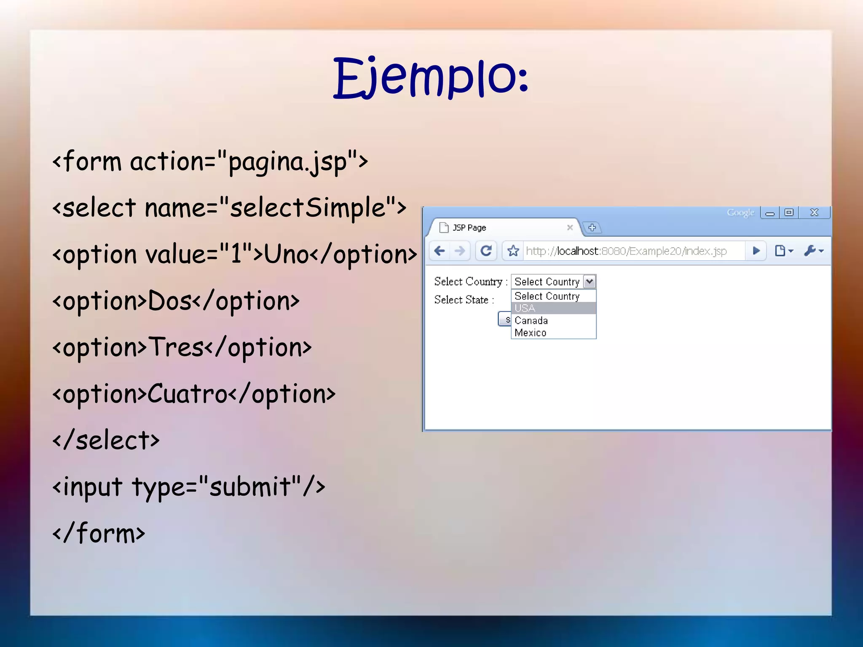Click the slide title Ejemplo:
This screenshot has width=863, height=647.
point(431,78)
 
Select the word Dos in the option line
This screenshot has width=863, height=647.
point(169,301)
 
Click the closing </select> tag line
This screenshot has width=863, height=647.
point(106,441)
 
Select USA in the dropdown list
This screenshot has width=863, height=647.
point(525,308)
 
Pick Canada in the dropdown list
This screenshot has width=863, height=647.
point(531,321)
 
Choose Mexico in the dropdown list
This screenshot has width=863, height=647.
point(530,333)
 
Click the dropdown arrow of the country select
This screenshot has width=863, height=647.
point(590,281)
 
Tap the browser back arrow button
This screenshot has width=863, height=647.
point(440,251)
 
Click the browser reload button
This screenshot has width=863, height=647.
point(486,251)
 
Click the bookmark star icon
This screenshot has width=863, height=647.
point(513,251)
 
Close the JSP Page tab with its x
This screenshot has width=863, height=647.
point(570,227)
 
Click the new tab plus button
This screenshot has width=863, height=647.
point(592,227)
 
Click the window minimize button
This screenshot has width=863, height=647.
point(770,213)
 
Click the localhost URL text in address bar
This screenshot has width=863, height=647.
point(626,251)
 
